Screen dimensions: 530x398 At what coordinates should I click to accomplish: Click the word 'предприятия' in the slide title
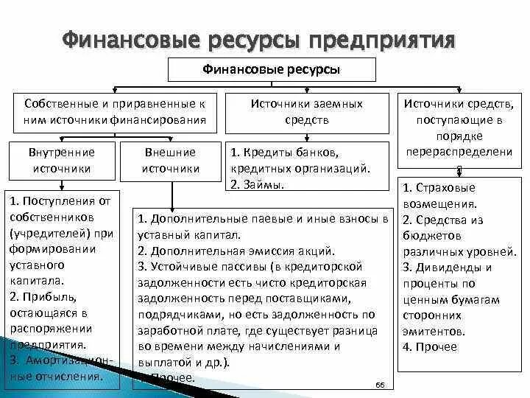point(383,38)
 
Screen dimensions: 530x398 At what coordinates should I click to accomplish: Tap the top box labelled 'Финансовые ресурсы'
point(272,70)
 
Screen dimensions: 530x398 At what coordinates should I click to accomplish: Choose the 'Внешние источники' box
point(170,160)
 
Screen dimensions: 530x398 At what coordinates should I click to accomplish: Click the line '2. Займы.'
point(257,184)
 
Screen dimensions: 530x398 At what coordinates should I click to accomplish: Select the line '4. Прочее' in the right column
point(429,346)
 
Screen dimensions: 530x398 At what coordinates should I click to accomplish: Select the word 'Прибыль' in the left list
point(47,296)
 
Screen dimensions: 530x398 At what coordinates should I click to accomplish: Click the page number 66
point(381,385)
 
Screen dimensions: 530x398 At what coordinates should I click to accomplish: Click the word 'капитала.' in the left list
point(38,280)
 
